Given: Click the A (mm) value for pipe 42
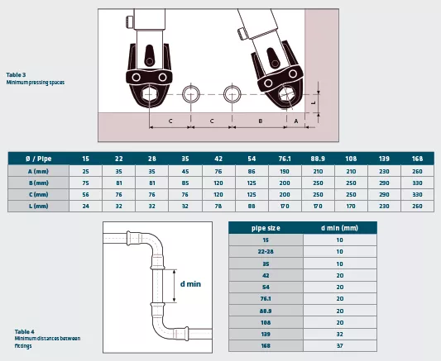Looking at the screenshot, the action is pyautogui.click(x=218, y=171).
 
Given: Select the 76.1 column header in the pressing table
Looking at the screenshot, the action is pyautogui.click(x=285, y=159).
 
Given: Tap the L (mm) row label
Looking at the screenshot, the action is pyautogui.click(x=39, y=206).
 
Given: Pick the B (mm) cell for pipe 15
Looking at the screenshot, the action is pyautogui.click(x=86, y=183).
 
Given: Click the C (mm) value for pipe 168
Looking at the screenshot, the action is pyautogui.click(x=417, y=194).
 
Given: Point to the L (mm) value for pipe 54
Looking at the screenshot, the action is pyautogui.click(x=252, y=206).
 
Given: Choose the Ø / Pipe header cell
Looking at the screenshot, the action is pyautogui.click(x=39, y=159).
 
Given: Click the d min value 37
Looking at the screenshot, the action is pyautogui.click(x=340, y=345).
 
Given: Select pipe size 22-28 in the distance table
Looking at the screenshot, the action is pyautogui.click(x=266, y=251).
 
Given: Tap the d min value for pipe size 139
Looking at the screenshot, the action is pyautogui.click(x=340, y=334).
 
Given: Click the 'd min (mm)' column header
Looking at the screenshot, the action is pyautogui.click(x=339, y=228).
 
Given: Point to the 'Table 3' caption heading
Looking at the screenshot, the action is pyautogui.click(x=16, y=75).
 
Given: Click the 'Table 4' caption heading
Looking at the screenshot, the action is pyautogui.click(x=25, y=332).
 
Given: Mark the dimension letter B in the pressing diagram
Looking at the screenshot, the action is pyautogui.click(x=261, y=121).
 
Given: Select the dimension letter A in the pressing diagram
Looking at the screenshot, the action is pyautogui.click(x=296, y=121).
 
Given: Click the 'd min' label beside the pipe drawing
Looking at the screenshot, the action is pyautogui.click(x=190, y=284).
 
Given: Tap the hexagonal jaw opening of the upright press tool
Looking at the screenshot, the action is pyautogui.click(x=148, y=95).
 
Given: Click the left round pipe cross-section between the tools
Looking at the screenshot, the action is pyautogui.click(x=191, y=86).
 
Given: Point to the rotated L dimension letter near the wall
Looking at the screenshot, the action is pyautogui.click(x=314, y=103).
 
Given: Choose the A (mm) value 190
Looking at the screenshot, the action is pyautogui.click(x=285, y=171).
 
